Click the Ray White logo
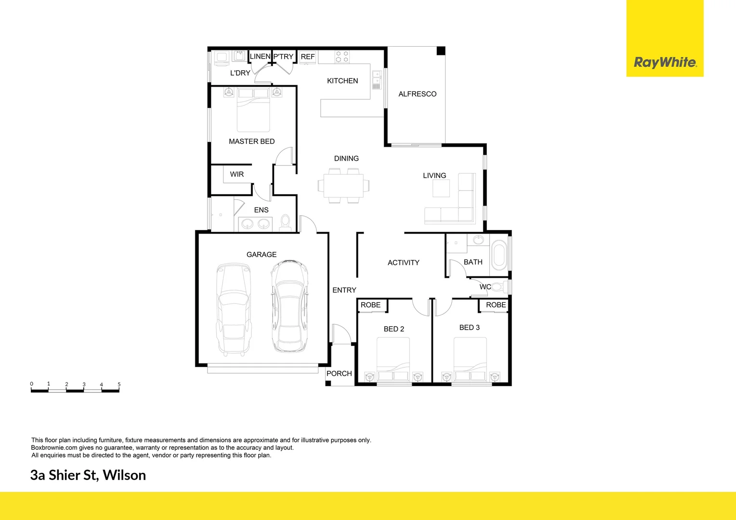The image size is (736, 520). [x=665, y=62]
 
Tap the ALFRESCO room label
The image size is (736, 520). [x=417, y=94]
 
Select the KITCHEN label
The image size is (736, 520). [x=342, y=81]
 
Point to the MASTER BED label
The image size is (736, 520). [x=251, y=141]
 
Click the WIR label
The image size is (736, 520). [x=237, y=174]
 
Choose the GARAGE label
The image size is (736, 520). [x=262, y=254]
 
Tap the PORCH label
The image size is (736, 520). [x=339, y=373]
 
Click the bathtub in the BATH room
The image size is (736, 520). [x=499, y=255]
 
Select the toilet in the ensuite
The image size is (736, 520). [x=285, y=222]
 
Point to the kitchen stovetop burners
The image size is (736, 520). [x=342, y=57]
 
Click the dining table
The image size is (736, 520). [x=343, y=185]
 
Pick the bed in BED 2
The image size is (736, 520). [x=393, y=359]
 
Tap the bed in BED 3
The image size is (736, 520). [x=470, y=359]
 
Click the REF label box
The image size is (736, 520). [x=307, y=57]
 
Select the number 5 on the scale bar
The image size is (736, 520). [x=119, y=384]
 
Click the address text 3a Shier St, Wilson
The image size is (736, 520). [x=88, y=475]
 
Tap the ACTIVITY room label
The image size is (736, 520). [x=403, y=262]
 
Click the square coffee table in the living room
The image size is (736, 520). [x=441, y=188]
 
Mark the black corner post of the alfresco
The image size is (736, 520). [x=441, y=51]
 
